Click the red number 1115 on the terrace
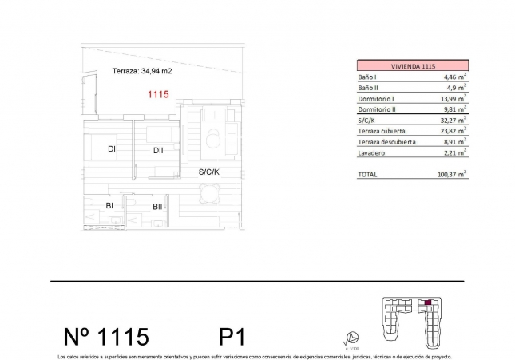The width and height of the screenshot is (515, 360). tap(158, 94)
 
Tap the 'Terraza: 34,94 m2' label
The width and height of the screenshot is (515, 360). tap(141, 71)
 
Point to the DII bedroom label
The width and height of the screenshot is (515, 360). tap(158, 149)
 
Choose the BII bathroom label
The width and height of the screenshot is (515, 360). tap(157, 206)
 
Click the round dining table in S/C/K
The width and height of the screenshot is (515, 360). tap(210, 192)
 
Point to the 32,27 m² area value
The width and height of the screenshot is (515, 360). tap(453, 119)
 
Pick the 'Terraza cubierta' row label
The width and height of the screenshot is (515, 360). tap(382, 129)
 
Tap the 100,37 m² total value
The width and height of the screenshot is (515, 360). tap(451, 173)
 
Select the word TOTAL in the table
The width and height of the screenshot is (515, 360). tap(368, 173)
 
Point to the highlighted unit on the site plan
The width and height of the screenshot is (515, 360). tap(428, 303)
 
